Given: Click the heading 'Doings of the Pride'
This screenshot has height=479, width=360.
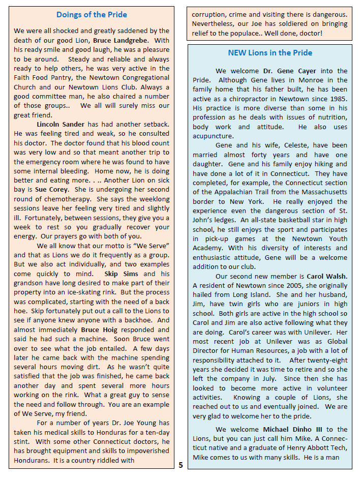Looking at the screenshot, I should pos(92,15).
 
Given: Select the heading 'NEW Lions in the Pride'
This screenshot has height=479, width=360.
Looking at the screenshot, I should pos(270,53).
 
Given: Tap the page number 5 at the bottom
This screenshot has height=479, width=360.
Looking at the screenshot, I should pos(181,465).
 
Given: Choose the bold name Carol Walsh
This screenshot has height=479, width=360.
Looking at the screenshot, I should pos(327,276).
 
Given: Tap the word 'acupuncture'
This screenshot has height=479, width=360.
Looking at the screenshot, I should pos(213,136).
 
